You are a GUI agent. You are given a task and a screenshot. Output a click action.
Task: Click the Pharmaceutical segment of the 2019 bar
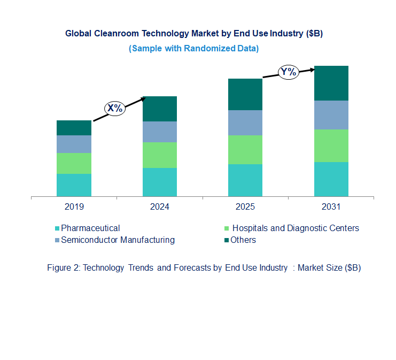click(x=74, y=185)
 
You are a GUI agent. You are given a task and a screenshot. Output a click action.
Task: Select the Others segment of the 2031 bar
click(x=331, y=83)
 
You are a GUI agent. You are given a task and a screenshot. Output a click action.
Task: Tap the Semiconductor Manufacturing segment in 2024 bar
click(x=159, y=132)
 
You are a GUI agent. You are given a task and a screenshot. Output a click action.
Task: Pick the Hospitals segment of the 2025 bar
click(x=245, y=150)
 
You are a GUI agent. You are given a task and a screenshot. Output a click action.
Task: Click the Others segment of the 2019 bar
click(x=74, y=128)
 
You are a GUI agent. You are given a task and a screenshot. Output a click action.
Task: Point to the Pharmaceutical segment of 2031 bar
click(x=331, y=179)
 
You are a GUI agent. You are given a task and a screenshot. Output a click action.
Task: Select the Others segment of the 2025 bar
click(x=245, y=95)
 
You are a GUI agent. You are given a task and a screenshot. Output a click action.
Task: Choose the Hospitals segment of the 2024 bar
click(x=159, y=155)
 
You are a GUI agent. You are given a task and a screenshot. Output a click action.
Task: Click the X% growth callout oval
click(x=114, y=108)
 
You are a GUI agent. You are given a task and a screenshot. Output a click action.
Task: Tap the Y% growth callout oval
click(x=289, y=72)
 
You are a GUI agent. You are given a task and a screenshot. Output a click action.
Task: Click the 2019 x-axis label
click(x=74, y=207)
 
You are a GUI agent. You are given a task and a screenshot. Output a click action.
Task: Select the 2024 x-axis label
click(x=159, y=207)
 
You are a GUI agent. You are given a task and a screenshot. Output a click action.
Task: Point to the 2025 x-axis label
click(x=245, y=207)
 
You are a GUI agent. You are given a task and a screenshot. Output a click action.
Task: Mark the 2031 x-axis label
click(x=331, y=207)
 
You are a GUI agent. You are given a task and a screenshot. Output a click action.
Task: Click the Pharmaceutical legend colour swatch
click(x=57, y=228)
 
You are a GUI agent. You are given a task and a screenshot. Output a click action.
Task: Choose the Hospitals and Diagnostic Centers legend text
click(x=295, y=228)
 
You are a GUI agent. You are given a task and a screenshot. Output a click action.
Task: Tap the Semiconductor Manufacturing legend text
click(x=118, y=240)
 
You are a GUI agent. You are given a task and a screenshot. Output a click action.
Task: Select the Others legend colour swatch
click(x=227, y=240)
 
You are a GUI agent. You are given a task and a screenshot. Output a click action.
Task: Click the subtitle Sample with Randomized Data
click(x=193, y=49)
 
